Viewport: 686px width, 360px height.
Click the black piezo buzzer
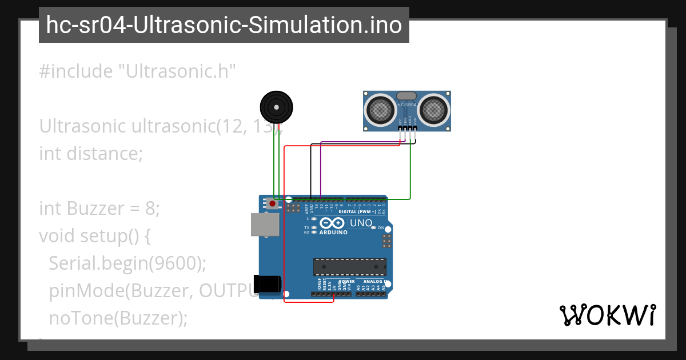click(277, 107)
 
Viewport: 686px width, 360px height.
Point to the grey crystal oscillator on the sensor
click(407, 96)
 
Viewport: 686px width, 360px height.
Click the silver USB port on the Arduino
click(265, 225)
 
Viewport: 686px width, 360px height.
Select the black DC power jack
click(268, 284)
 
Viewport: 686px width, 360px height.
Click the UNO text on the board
click(361, 222)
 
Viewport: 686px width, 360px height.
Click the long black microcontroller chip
click(349, 267)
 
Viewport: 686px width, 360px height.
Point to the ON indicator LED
click(374, 227)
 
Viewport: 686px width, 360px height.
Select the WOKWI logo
click(607, 315)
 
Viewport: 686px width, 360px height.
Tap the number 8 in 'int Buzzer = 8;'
click(150, 209)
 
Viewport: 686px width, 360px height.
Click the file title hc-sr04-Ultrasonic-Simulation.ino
click(224, 25)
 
